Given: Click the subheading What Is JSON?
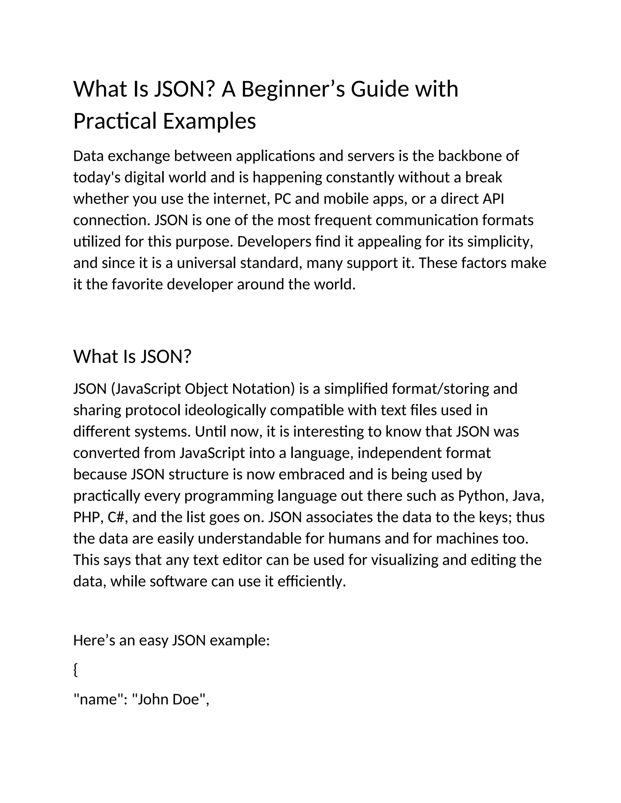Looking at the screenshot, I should tap(133, 356).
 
